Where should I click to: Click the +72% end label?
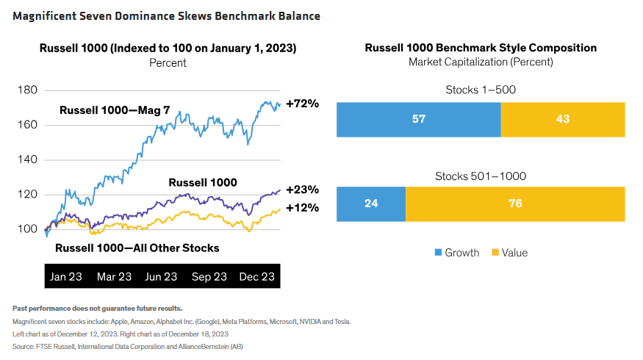click(x=302, y=104)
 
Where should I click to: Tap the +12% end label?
click(x=302, y=208)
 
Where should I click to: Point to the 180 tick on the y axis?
click(x=27, y=90)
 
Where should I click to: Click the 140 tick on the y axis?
click(x=27, y=159)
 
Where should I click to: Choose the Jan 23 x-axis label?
click(x=66, y=277)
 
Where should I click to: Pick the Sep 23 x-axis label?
click(x=209, y=277)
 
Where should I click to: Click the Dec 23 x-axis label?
click(x=256, y=277)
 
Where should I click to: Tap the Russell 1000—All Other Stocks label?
click(x=137, y=248)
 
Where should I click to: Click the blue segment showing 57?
click(x=418, y=119)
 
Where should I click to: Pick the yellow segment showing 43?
click(x=563, y=119)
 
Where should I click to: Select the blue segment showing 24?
click(x=371, y=204)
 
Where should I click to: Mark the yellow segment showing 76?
click(x=515, y=204)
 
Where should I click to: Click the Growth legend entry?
click(x=457, y=253)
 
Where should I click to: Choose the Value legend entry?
click(x=509, y=253)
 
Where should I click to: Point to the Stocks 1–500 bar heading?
click(x=481, y=90)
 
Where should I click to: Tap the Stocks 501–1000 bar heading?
click(x=481, y=176)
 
